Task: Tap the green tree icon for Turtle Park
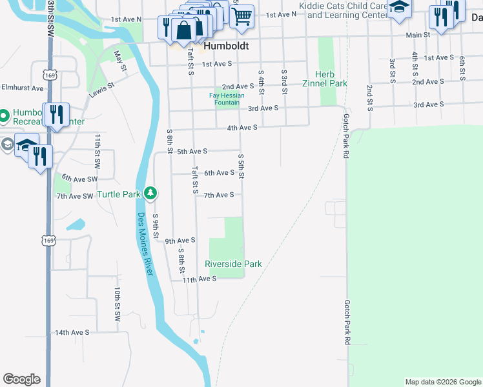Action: coord(150,193)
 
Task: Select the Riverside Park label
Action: coord(233,264)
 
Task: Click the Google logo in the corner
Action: coord(21,379)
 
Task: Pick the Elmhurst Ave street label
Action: coord(22,88)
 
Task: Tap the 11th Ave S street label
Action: coord(198,279)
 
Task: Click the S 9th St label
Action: coord(156,224)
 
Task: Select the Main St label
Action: coord(418,35)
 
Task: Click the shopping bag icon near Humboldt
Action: coord(184,30)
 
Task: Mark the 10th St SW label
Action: coord(118,305)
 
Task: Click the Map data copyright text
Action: coord(442,382)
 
